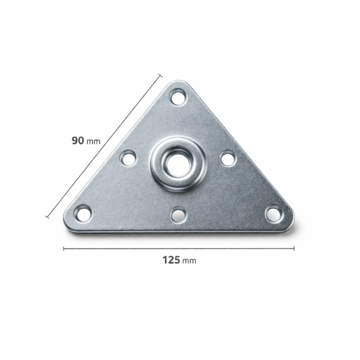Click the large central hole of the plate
tap(178, 165)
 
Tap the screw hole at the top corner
tap(179, 97)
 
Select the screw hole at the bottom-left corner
tap(83, 212)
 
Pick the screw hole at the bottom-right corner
tap(274, 214)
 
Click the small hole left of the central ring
tap(128, 158)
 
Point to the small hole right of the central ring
tap(228, 158)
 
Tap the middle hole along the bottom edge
tap(179, 215)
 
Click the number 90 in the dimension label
tap(78, 140)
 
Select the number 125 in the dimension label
tap(171, 260)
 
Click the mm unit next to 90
tap(93, 142)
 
